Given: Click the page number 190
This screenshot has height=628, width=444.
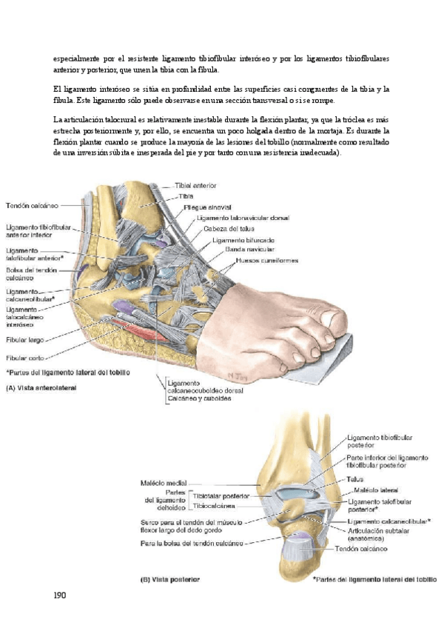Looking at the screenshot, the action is tap(60, 595).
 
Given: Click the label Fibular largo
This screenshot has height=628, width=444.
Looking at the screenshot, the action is tap(25, 340).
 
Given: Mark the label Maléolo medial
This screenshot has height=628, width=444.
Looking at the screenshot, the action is tap(162, 483).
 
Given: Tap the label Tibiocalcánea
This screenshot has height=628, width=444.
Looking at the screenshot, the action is tap(215, 507).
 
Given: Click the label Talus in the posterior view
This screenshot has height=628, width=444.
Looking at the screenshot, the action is tap(356, 479).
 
